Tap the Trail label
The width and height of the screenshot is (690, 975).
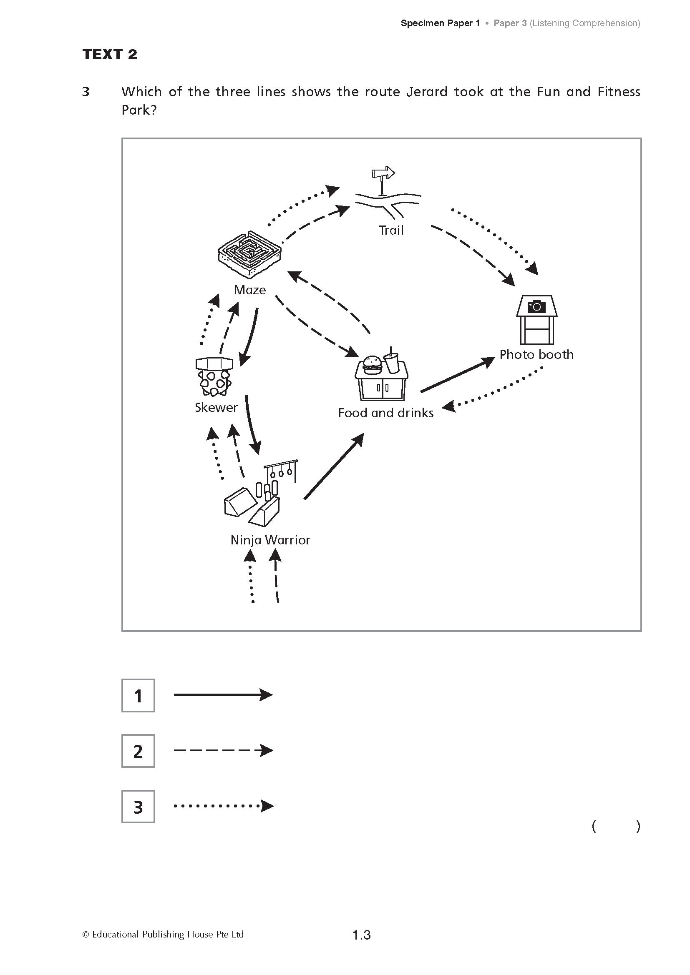click(x=391, y=231)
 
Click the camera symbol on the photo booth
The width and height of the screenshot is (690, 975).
click(x=536, y=306)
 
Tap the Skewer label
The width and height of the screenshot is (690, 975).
click(x=216, y=408)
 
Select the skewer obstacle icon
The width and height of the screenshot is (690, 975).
click(x=214, y=376)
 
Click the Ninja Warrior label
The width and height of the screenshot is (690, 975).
click(x=270, y=540)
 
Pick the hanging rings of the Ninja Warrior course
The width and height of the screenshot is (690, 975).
click(x=281, y=471)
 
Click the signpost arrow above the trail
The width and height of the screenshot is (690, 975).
click(x=383, y=173)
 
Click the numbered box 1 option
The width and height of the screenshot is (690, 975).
click(x=138, y=696)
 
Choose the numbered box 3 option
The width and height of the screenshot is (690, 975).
click(x=138, y=807)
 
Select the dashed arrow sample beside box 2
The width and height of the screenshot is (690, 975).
click(x=223, y=751)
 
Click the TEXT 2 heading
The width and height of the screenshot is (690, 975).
click(x=110, y=54)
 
